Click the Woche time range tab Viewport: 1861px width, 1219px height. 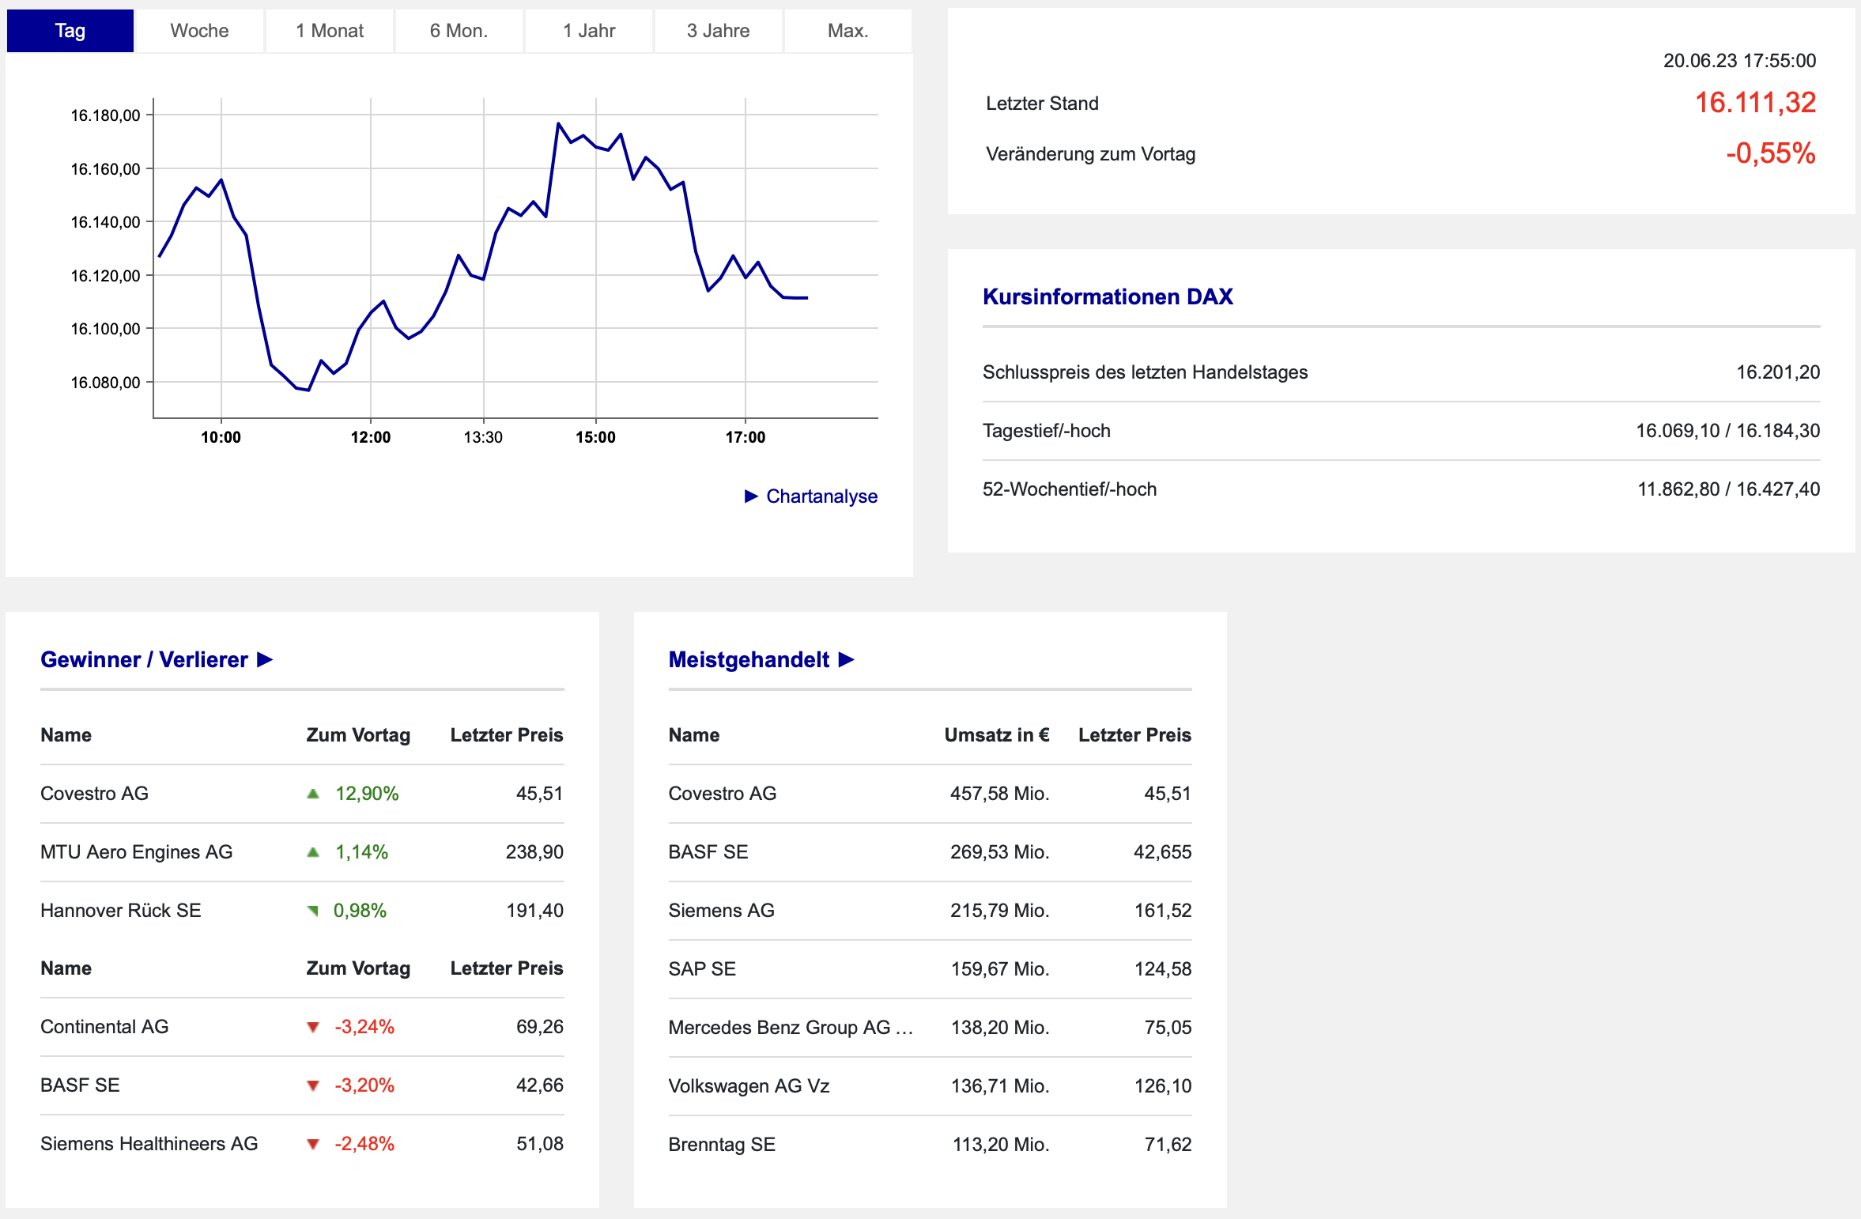pyautogui.click(x=199, y=31)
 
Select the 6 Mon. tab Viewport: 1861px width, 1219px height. pyautogui.click(x=459, y=31)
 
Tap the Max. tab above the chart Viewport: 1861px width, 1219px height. pyautogui.click(x=847, y=31)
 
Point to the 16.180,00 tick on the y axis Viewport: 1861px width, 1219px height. pyautogui.click(x=105, y=115)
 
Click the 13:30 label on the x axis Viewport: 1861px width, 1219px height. pyautogui.click(x=483, y=437)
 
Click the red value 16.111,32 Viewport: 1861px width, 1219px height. pyautogui.click(x=1755, y=103)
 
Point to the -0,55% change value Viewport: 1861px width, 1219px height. pyautogui.click(x=1771, y=153)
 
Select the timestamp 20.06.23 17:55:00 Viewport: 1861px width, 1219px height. pyautogui.click(x=1739, y=61)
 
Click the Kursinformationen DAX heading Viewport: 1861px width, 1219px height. pyautogui.click(x=1108, y=296)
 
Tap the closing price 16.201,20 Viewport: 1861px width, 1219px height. pyautogui.click(x=1778, y=372)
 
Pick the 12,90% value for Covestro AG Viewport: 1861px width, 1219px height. pyautogui.click(x=367, y=794)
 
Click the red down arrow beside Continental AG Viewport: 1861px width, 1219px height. pyautogui.click(x=313, y=1027)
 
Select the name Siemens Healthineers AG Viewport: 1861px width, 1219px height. pyautogui.click(x=149, y=1144)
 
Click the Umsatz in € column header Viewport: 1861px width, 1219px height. pyautogui.click(x=997, y=735)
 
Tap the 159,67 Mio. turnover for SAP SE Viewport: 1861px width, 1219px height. pyautogui.click(x=1000, y=969)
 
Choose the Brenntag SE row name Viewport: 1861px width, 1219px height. pyautogui.click(x=722, y=1145)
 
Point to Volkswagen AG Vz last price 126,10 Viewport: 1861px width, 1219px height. pyautogui.click(x=1163, y=1086)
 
